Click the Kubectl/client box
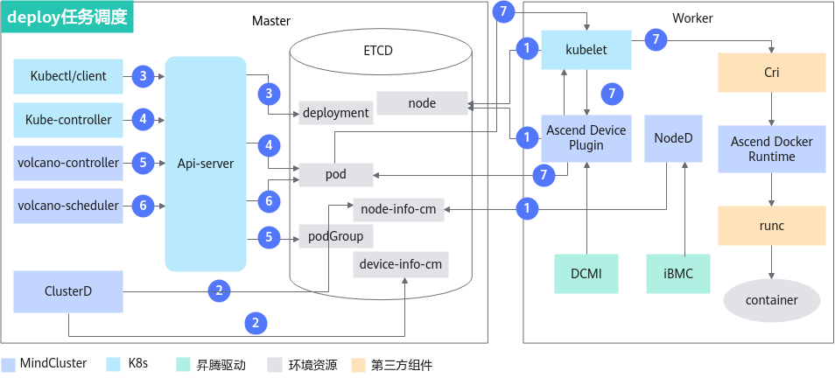[68, 77]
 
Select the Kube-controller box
[68, 120]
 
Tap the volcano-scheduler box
[68, 206]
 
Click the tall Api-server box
[206, 164]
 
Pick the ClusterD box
[68, 291]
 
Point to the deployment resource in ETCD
[336, 113]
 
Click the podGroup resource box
[336, 236]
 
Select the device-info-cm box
[401, 264]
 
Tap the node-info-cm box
[399, 210]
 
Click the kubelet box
[586, 50]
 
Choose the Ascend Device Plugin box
[586, 138]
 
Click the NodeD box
[674, 138]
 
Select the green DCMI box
[586, 274]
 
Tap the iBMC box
[678, 274]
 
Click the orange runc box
[772, 227]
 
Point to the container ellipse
[772, 300]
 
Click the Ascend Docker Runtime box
[772, 150]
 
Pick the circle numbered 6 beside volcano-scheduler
[143, 206]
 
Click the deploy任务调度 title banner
[67, 17]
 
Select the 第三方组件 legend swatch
[360, 365]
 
